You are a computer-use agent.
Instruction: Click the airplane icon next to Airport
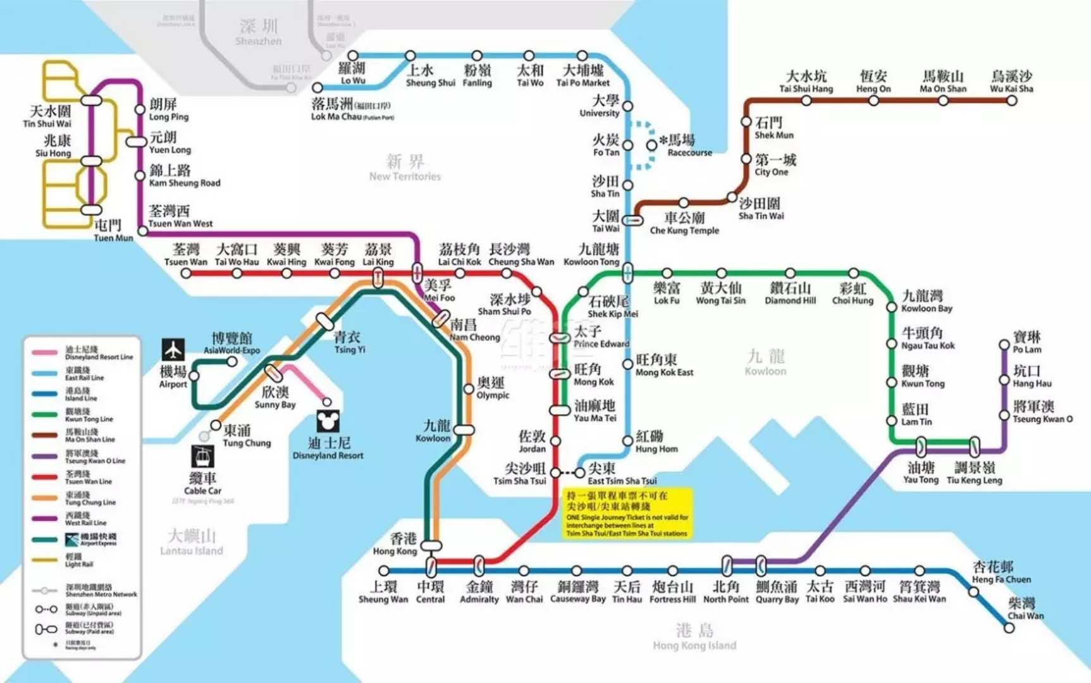tap(173, 349)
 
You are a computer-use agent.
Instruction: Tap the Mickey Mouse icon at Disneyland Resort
tap(328, 421)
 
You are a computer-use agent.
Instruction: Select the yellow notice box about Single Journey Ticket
tap(627, 513)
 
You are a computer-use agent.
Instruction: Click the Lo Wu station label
tap(352, 73)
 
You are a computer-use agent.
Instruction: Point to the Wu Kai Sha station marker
tap(1012, 101)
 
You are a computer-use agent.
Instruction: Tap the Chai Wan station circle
tap(1009, 628)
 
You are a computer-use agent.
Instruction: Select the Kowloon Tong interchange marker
tap(627, 273)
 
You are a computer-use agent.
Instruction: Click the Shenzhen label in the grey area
tap(258, 32)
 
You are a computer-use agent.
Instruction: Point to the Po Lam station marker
tap(1004, 345)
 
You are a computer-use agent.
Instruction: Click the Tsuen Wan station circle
tap(186, 273)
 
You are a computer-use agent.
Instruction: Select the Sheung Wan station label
tap(383, 593)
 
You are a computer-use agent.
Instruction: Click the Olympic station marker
tap(469, 389)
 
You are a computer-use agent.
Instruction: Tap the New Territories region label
tap(405, 168)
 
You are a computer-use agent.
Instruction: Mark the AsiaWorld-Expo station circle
tap(232, 362)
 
